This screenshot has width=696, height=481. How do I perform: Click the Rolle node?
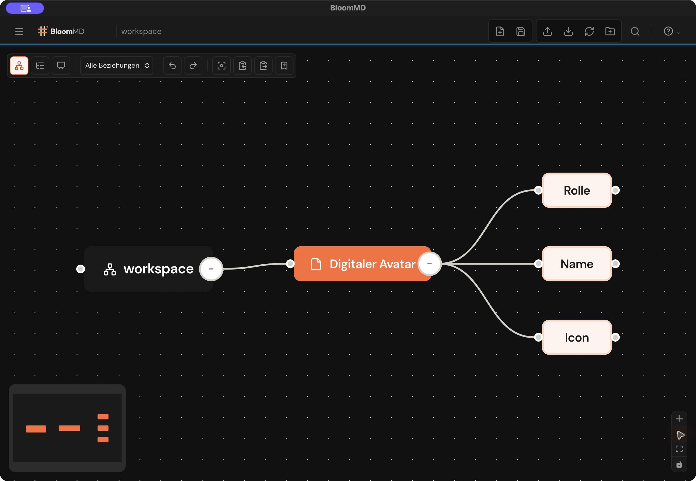577,190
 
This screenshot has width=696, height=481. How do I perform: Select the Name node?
577,264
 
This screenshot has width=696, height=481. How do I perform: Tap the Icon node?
577,337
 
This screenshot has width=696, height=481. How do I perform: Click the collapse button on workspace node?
211,269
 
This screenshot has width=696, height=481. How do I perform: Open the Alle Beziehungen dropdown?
117,65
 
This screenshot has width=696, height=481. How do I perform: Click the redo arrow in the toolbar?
193,65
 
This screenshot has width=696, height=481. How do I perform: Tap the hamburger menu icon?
19,31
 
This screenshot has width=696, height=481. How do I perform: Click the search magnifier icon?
635,31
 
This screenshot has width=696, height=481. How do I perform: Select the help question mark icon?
668,31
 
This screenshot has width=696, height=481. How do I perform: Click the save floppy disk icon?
521,31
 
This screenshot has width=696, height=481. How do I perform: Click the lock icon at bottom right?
679,464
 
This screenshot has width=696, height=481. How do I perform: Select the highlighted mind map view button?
19,65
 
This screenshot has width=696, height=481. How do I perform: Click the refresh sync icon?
589,31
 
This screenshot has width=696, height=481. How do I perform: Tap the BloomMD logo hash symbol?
43,31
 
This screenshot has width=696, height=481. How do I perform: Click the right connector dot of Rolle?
616,190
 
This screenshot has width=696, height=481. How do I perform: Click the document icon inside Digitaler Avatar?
316,264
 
